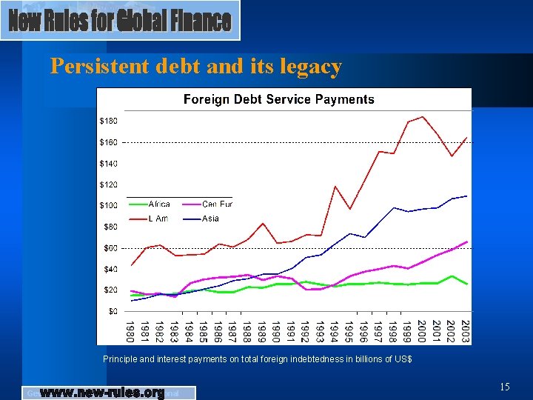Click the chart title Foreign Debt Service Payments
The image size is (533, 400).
coord(279,99)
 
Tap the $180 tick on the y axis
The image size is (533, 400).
coord(108,121)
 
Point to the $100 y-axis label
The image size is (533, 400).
coord(108,205)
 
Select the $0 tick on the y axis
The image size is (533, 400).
coord(113,311)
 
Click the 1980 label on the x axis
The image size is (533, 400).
coord(130,330)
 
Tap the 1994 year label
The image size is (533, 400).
coord(335,330)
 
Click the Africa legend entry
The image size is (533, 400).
coord(159,204)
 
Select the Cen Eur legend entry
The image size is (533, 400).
coord(217,204)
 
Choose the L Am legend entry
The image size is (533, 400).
coord(158,219)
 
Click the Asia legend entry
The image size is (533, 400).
coord(210,219)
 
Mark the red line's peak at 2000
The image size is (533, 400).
coord(422,116)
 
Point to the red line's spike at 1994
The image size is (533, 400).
coord(335,187)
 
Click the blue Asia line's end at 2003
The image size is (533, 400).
coord(466,196)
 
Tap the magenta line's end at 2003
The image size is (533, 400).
coord(466,241)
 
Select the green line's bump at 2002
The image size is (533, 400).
coord(452,276)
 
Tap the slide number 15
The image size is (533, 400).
coord(505,386)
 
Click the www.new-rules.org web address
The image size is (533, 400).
coord(101,393)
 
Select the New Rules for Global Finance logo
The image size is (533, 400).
coord(120,21)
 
